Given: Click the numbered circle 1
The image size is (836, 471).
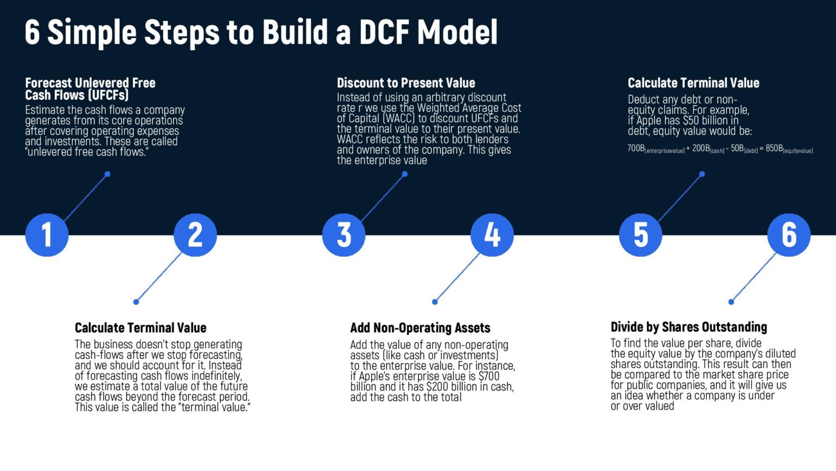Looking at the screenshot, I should tap(47, 235).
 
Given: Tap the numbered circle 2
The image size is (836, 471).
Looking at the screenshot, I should tap(195, 235).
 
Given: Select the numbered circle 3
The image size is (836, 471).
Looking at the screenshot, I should tap(343, 235).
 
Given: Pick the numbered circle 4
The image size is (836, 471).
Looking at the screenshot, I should tap(492, 235).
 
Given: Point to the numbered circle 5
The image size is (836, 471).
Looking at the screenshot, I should tap(641, 235).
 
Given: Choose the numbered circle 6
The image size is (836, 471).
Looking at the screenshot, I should tap(789, 235).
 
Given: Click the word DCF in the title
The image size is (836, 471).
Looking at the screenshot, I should tap(384, 32).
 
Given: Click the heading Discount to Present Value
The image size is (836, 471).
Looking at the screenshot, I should tap(405, 83).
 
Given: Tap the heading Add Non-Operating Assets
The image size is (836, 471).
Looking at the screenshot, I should tap(420, 328).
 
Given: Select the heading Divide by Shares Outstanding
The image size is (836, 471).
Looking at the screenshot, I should tap(689, 327).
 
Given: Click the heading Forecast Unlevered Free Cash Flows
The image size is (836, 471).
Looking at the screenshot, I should tap(90, 89).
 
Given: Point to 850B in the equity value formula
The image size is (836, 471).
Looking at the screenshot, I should tap(774, 148).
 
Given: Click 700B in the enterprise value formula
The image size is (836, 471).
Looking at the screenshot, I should tap(636, 148).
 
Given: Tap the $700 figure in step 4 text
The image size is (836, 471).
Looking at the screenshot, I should tap(488, 376).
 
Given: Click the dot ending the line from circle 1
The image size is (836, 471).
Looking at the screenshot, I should tap(107, 174).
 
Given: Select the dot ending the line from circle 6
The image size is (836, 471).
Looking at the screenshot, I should tap(731, 301).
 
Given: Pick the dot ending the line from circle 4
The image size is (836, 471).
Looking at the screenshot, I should tap(434, 301).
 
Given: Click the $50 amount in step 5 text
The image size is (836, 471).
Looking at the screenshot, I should tap(690, 120).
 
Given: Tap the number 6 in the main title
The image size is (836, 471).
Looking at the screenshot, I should tap(32, 32).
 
